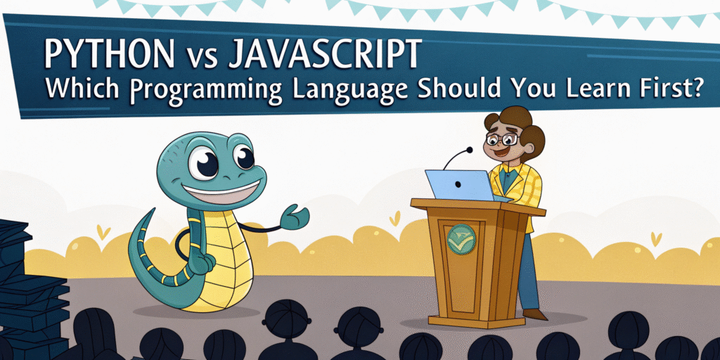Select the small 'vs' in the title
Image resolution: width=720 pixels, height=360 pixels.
point(200,58)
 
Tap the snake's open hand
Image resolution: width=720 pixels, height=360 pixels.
point(295,217)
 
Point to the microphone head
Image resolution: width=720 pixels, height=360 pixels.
point(469,150)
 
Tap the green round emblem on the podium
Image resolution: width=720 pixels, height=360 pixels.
point(461,239)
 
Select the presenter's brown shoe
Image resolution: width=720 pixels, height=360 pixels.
point(535,314)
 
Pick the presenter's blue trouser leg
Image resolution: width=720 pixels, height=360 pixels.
point(529,271)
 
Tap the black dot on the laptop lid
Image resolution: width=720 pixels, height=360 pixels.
point(458,185)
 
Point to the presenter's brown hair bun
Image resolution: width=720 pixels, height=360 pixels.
point(534,138)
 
